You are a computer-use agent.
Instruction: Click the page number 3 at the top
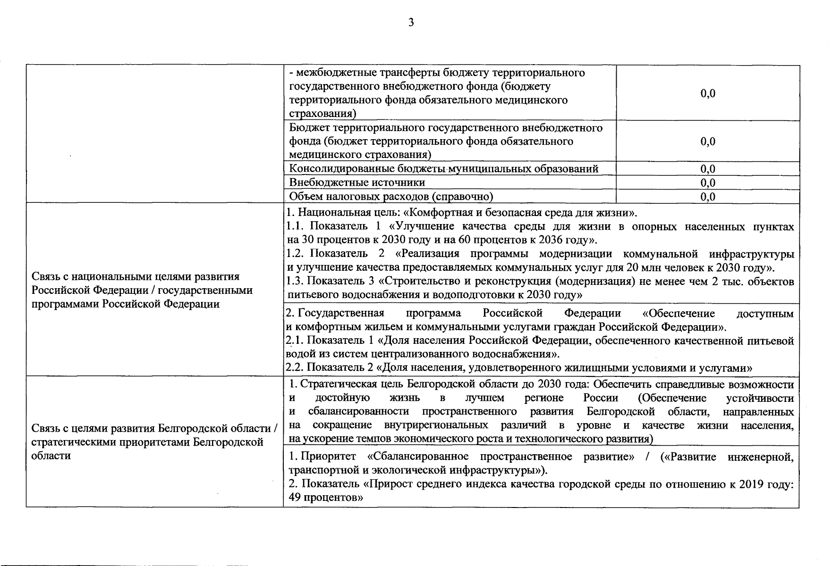coord(411,22)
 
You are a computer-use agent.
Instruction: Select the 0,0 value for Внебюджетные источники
coord(708,183)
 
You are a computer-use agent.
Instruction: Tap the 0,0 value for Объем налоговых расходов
coord(708,197)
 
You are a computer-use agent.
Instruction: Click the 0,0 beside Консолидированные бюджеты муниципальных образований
coord(708,169)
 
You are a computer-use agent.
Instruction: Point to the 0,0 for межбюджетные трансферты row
coord(708,93)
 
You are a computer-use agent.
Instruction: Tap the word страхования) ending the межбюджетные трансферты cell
coord(322,114)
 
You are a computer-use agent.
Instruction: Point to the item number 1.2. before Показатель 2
coord(295,254)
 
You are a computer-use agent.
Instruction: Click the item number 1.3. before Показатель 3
coord(295,282)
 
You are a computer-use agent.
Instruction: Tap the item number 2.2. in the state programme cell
coord(295,367)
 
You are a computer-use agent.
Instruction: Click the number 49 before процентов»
coord(295,498)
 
